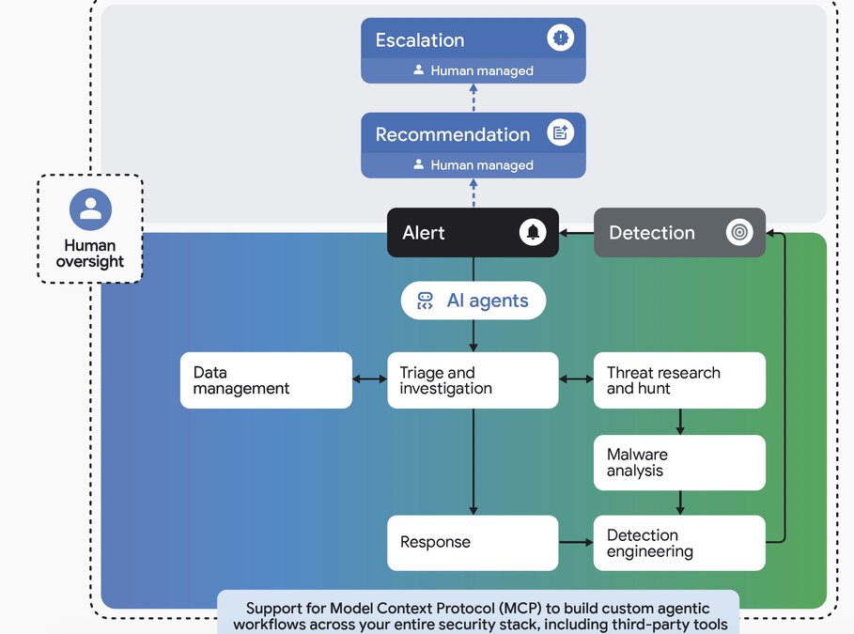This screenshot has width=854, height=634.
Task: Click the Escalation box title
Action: pyautogui.click(x=420, y=40)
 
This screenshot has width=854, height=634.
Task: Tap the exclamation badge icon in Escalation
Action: pyautogui.click(x=561, y=39)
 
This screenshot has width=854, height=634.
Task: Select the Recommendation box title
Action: pyautogui.click(x=453, y=134)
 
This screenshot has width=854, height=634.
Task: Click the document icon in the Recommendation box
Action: pyautogui.click(x=561, y=133)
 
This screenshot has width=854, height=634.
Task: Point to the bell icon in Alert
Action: pyautogui.click(x=533, y=233)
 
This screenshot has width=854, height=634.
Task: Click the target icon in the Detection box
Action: pyautogui.click(x=739, y=233)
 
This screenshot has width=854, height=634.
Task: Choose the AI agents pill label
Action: pyautogui.click(x=488, y=301)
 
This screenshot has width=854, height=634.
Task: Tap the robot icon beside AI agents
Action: pyautogui.click(x=425, y=301)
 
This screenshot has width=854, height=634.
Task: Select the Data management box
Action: pyautogui.click(x=266, y=380)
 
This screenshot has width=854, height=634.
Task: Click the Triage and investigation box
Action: pyautogui.click(x=473, y=380)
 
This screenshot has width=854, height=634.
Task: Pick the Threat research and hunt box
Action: pyautogui.click(x=679, y=380)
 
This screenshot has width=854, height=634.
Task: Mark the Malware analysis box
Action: pyautogui.click(x=679, y=462)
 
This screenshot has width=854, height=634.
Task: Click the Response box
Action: pyautogui.click(x=473, y=542)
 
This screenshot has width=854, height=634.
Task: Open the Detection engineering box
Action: pyautogui.click(x=679, y=542)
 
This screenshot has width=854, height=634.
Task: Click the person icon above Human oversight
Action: pyautogui.click(x=90, y=209)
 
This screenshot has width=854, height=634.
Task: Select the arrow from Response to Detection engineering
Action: pyautogui.click(x=576, y=542)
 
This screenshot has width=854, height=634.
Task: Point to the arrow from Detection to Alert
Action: pyautogui.click(x=577, y=233)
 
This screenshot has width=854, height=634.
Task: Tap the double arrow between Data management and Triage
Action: pyautogui.click(x=369, y=379)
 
